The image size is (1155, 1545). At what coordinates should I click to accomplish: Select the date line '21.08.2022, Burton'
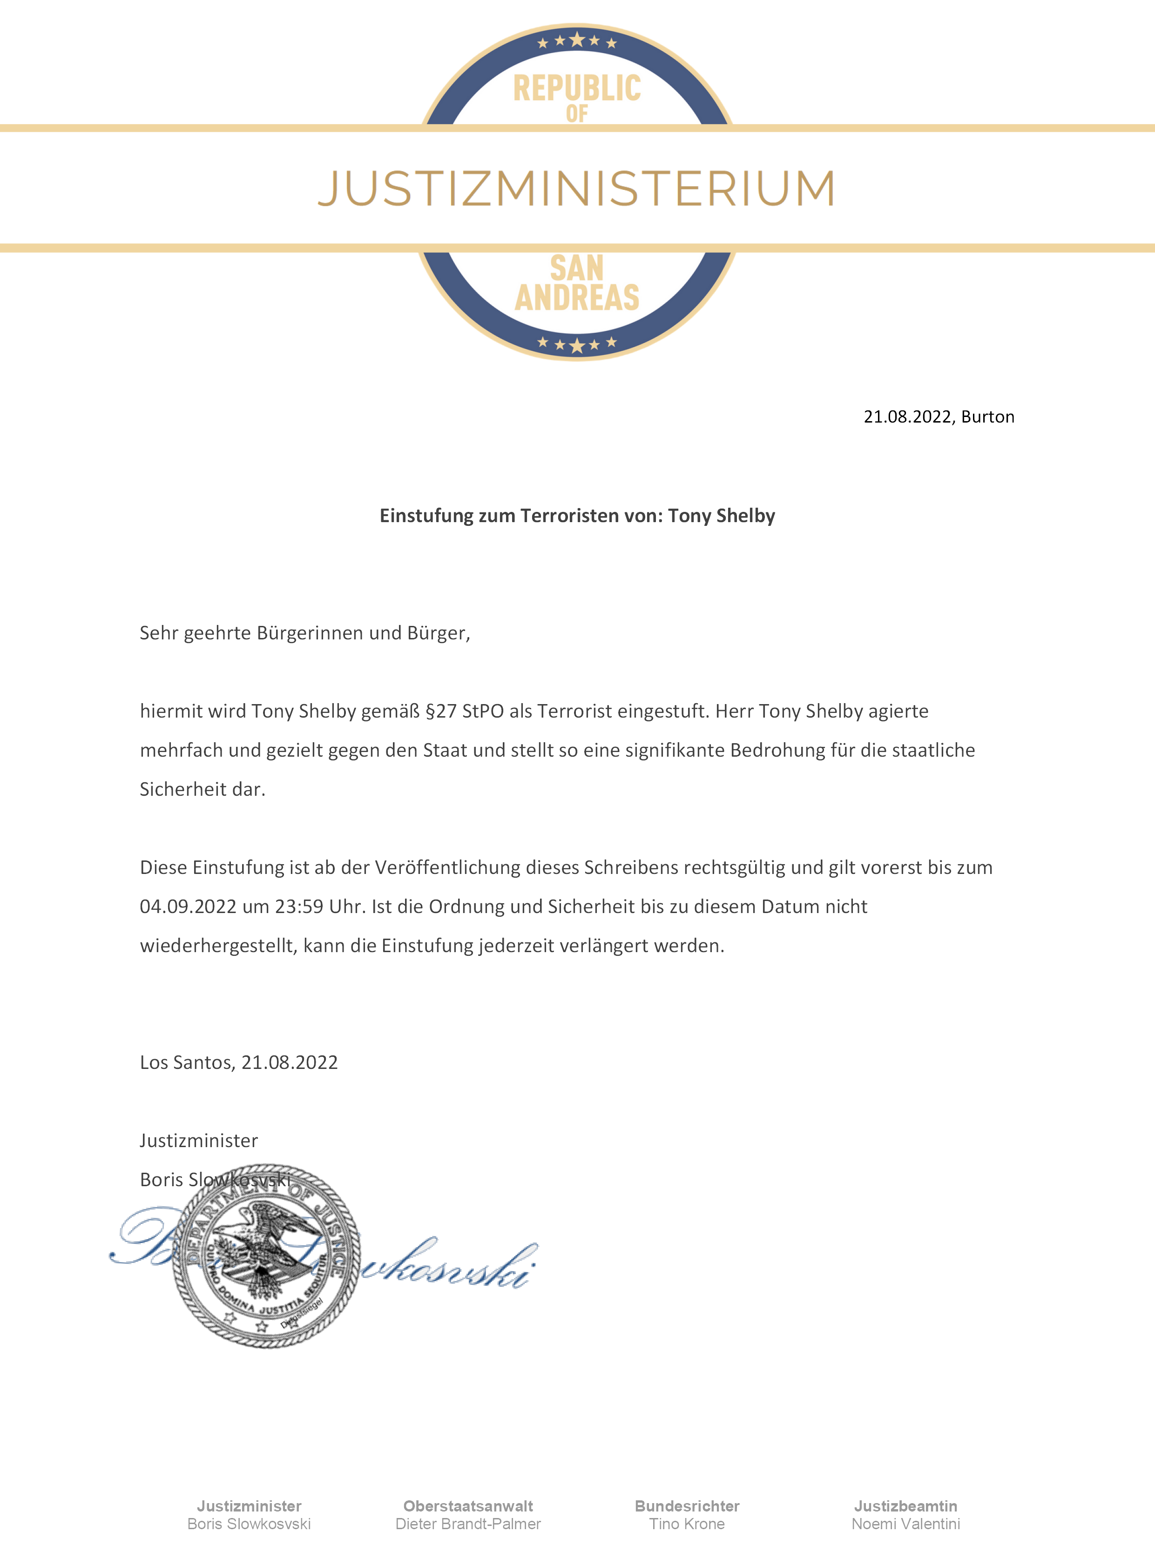click(x=939, y=417)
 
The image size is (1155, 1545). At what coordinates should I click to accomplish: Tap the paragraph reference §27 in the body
click(x=441, y=712)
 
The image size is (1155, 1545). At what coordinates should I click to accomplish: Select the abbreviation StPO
click(x=483, y=712)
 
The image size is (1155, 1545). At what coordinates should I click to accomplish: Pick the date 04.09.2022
click(x=188, y=907)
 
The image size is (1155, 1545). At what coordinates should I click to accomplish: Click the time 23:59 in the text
click(x=299, y=907)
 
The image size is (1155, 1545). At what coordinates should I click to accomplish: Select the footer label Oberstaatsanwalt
click(x=468, y=1506)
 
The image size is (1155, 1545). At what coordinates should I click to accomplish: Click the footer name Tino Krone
click(x=687, y=1524)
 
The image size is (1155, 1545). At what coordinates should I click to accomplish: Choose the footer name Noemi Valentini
click(x=905, y=1524)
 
